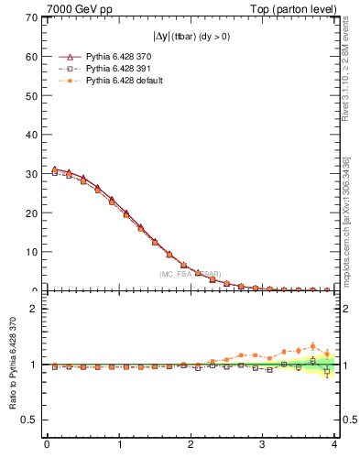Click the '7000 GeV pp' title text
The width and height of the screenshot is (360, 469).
(71, 8)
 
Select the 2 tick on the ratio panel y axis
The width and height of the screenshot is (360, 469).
(32, 309)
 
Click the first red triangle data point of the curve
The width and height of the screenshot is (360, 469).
(54, 169)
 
